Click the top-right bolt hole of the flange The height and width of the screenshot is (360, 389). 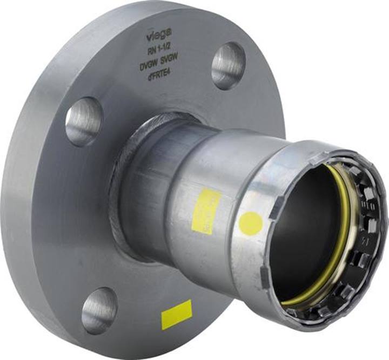pos(228,65)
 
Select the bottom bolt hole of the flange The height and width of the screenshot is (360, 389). pos(100,309)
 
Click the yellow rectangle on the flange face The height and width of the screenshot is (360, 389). pos(176,315)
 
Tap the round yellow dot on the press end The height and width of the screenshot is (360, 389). pos(251,223)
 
